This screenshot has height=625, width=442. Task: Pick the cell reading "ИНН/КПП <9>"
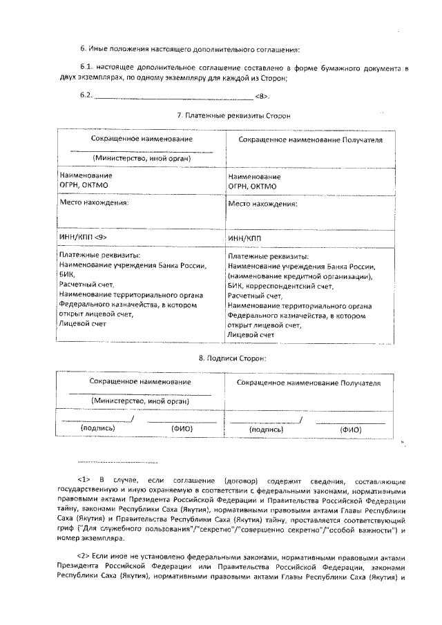click(x=83, y=237)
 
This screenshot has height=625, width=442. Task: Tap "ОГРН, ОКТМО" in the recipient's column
click(x=252, y=186)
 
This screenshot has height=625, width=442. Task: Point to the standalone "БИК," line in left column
click(x=67, y=274)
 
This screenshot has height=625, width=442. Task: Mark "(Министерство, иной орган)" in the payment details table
click(x=142, y=157)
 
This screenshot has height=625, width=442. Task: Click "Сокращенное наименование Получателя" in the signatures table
click(x=308, y=382)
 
